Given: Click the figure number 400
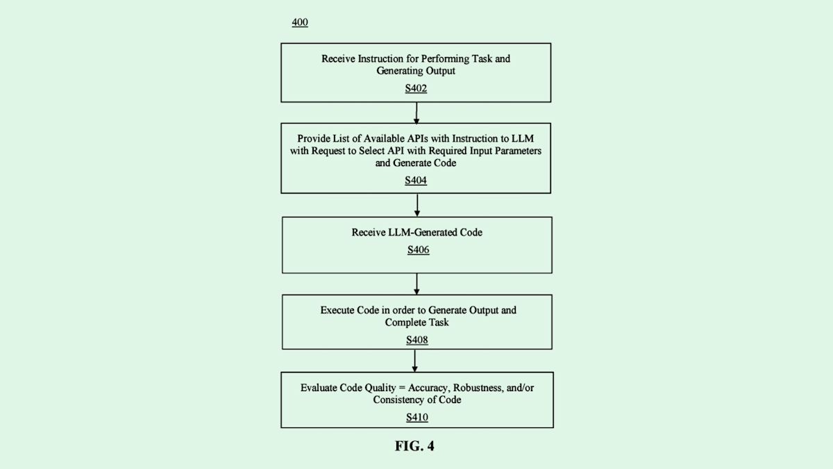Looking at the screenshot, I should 300,23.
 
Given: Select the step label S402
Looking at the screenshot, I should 416,89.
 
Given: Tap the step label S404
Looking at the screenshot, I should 416,180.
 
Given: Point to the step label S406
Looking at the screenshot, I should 418,249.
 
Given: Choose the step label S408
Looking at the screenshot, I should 417,340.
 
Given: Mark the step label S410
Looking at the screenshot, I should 417,418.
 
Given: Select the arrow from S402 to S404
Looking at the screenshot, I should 416,113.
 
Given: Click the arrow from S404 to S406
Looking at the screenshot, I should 417,204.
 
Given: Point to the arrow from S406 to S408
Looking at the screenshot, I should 417,283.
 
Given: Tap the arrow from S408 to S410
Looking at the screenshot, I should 416,360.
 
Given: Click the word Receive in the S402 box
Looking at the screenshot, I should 338,59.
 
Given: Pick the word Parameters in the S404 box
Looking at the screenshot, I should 516,151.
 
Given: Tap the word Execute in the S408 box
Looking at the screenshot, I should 337,310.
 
